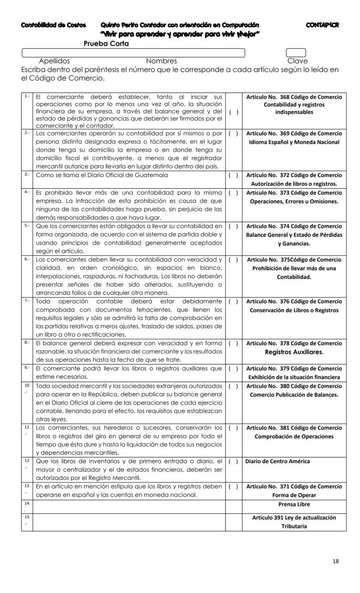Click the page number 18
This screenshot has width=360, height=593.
335,561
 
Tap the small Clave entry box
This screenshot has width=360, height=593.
296,53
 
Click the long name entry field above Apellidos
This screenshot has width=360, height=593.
133,53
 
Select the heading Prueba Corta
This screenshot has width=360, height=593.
106,44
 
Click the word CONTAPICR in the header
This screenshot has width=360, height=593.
322,25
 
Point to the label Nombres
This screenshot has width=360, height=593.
161,61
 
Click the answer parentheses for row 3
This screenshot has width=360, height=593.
233,175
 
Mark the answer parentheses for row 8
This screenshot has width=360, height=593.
233,343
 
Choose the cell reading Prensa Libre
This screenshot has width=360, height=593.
294,505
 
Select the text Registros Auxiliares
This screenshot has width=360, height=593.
294,352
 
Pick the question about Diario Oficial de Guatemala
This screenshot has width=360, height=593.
102,175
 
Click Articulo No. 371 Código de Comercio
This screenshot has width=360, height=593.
294,486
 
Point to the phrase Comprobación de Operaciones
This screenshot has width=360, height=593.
294,436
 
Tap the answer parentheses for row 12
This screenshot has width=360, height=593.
233,461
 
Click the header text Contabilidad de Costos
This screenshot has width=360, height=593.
53,25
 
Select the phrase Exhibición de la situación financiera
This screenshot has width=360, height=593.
294,377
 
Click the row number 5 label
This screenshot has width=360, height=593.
27,226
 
